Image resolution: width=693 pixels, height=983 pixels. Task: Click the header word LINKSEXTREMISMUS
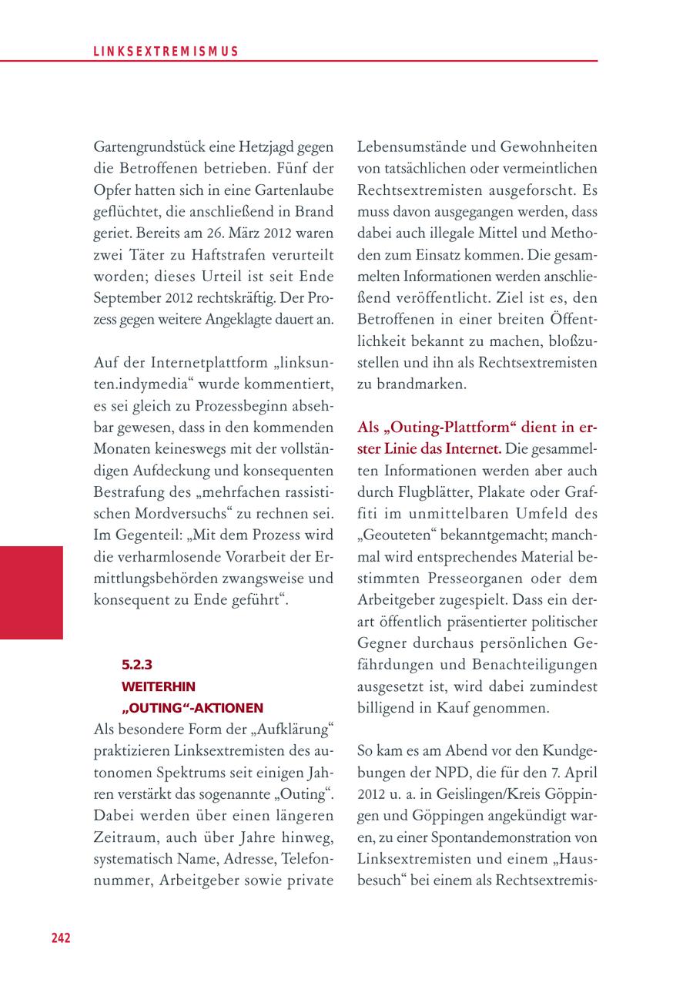coord(166,52)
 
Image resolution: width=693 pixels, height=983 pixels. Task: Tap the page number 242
coord(61,938)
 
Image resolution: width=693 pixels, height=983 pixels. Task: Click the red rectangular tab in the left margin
coord(32,592)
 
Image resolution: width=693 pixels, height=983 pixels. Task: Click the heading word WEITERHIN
coord(158,686)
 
